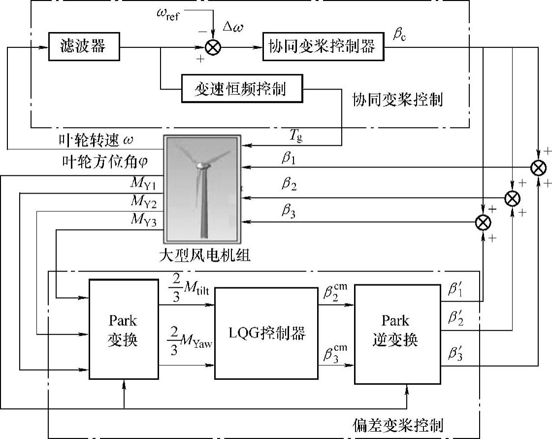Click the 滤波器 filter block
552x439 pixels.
click(84, 47)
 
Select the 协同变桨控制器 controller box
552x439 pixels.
click(324, 47)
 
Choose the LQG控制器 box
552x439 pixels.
click(266, 333)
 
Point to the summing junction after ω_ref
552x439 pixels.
click(213, 47)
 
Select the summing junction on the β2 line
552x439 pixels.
click(513, 198)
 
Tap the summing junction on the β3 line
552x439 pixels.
click(484, 223)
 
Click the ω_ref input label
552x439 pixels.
click(167, 13)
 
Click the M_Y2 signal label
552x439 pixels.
click(143, 202)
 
